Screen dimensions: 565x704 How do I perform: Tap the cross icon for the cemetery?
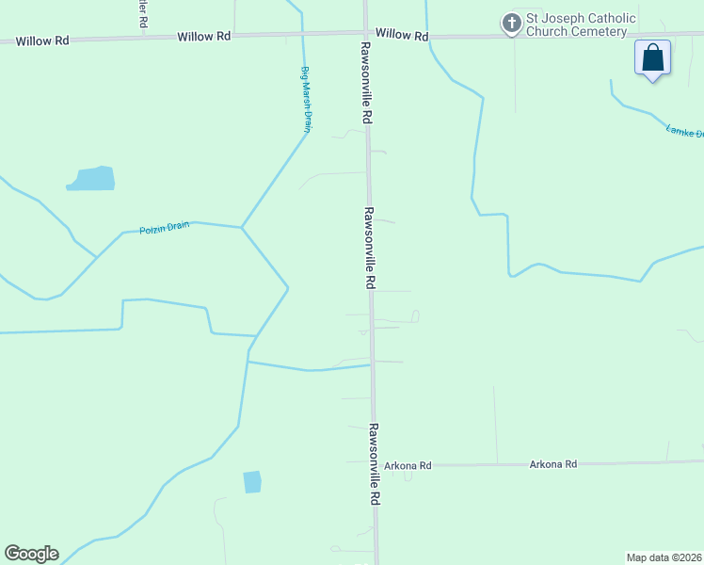[x=511, y=23]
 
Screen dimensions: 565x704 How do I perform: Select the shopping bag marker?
[x=652, y=58]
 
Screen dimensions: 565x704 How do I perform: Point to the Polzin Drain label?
[x=165, y=227]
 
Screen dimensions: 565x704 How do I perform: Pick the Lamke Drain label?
[x=684, y=131]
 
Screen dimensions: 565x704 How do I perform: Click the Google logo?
[x=31, y=554]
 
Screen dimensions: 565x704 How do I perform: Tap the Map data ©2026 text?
[x=664, y=557]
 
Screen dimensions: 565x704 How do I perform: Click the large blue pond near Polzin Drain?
[x=92, y=178]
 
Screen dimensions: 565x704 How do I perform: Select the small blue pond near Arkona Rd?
[x=252, y=482]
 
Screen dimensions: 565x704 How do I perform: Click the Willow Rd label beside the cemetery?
[x=401, y=34]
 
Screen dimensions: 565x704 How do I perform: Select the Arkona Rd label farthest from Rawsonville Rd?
[x=552, y=464]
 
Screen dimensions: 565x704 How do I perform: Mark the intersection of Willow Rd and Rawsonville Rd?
[x=366, y=33]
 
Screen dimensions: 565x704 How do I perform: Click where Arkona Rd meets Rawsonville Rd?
[x=374, y=464]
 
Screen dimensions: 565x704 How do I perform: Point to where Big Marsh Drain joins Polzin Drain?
[x=242, y=227]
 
